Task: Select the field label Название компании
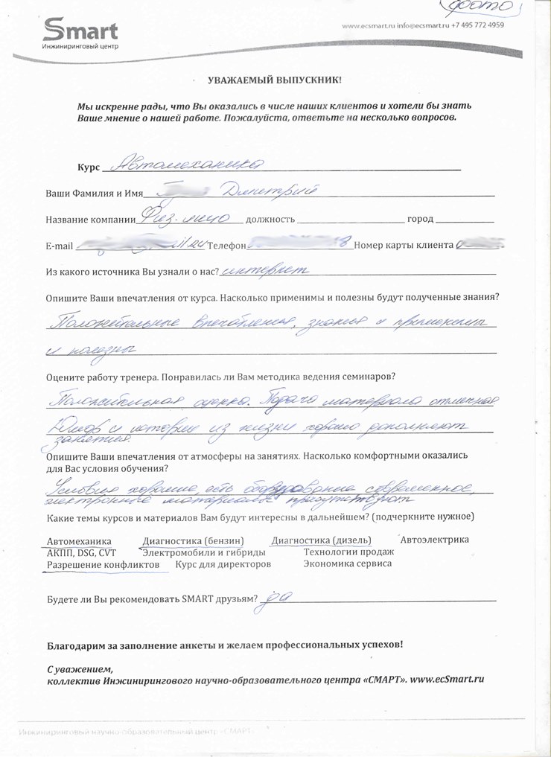pyautogui.click(x=89, y=220)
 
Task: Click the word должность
pyautogui.click(x=270, y=220)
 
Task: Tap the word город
pyautogui.click(x=420, y=220)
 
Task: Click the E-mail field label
pyautogui.click(x=60, y=246)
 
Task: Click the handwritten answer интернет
pyautogui.click(x=260, y=271)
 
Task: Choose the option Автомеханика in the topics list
pyautogui.click(x=79, y=540)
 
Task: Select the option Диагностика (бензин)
pyautogui.click(x=193, y=540)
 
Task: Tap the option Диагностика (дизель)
pyautogui.click(x=322, y=540)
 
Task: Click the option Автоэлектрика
pyautogui.click(x=434, y=539)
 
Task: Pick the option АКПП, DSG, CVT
pyautogui.click(x=81, y=552)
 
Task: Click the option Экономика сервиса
pyautogui.click(x=348, y=564)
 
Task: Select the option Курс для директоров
pyautogui.click(x=223, y=565)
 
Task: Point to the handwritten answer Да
pyautogui.click(x=280, y=597)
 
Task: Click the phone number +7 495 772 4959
pyautogui.click(x=479, y=25)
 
